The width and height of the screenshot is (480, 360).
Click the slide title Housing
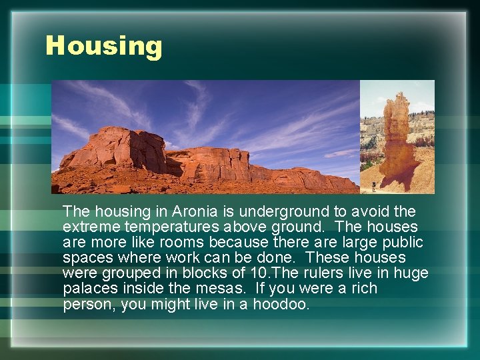tap(103, 46)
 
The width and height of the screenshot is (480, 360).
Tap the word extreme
tap(87, 227)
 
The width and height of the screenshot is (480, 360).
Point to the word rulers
tap(320, 273)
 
